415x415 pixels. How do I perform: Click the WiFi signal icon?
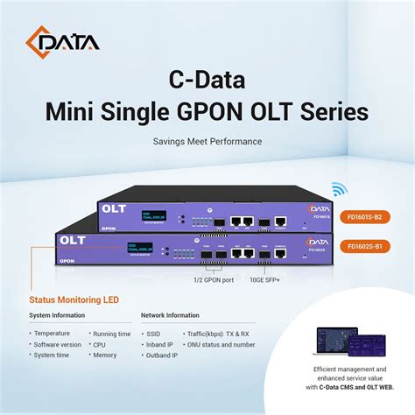click(338, 189)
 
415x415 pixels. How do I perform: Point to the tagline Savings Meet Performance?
click(207, 141)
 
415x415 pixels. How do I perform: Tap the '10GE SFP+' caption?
click(264, 280)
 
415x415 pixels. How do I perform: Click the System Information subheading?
click(58, 315)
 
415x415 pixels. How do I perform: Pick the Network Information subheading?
click(171, 315)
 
